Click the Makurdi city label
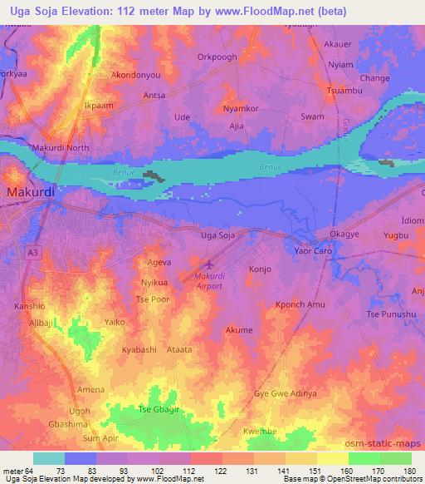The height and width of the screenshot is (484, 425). pyautogui.click(x=31, y=192)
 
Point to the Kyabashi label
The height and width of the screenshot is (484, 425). pyautogui.click(x=139, y=350)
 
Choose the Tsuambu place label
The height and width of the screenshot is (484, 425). pyautogui.click(x=344, y=90)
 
